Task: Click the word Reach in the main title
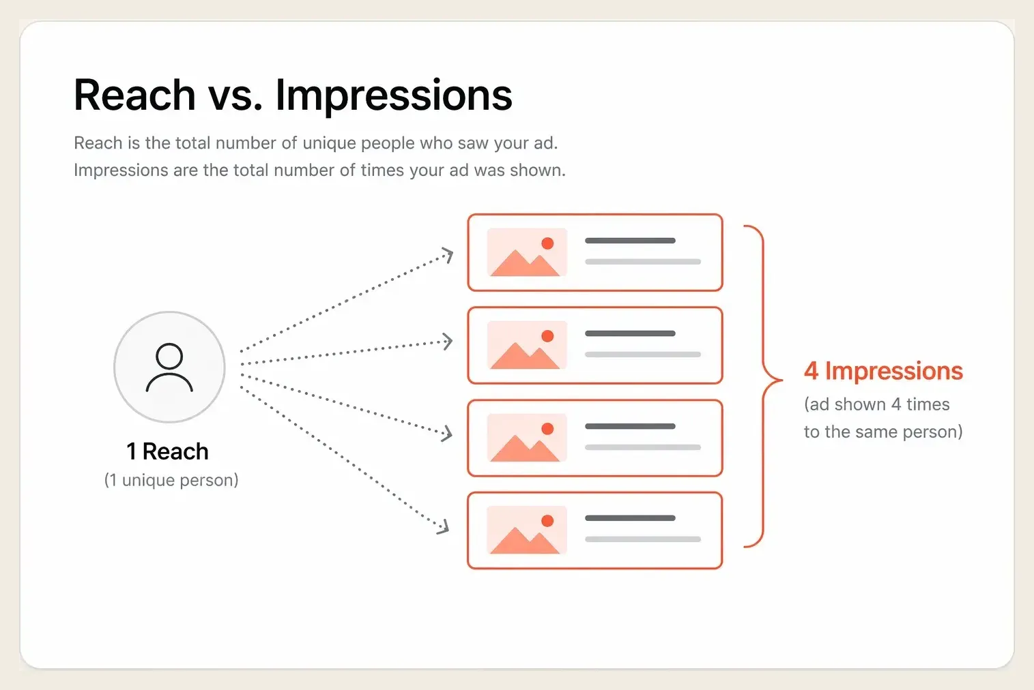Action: click(134, 95)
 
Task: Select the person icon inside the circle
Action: click(169, 367)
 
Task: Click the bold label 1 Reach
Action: click(168, 451)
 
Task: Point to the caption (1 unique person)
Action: click(171, 480)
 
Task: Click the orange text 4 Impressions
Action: click(884, 372)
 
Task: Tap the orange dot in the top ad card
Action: click(547, 243)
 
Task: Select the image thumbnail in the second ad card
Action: click(527, 345)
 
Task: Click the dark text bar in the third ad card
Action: click(630, 426)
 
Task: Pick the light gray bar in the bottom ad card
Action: click(643, 539)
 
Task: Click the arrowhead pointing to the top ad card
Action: click(447, 255)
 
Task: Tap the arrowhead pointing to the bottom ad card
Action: click(443, 527)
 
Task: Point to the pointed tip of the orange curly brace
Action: click(781, 380)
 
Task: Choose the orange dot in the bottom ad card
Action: click(547, 521)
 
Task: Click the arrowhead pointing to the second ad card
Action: click(446, 342)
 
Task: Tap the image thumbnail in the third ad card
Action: click(527, 438)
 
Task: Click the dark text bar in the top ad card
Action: click(630, 240)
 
